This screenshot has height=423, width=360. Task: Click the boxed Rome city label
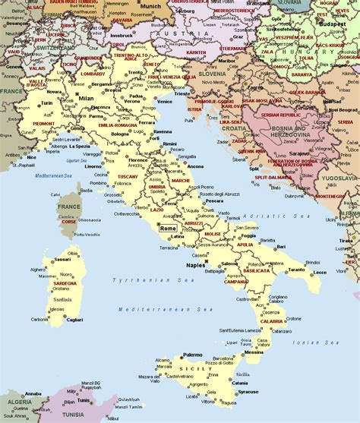169,207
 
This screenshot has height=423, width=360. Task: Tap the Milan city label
86,99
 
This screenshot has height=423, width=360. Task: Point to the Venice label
165,101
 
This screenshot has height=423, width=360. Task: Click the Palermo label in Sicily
193,354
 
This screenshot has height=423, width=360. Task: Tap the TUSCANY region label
128,176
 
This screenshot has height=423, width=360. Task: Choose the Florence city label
137,160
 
